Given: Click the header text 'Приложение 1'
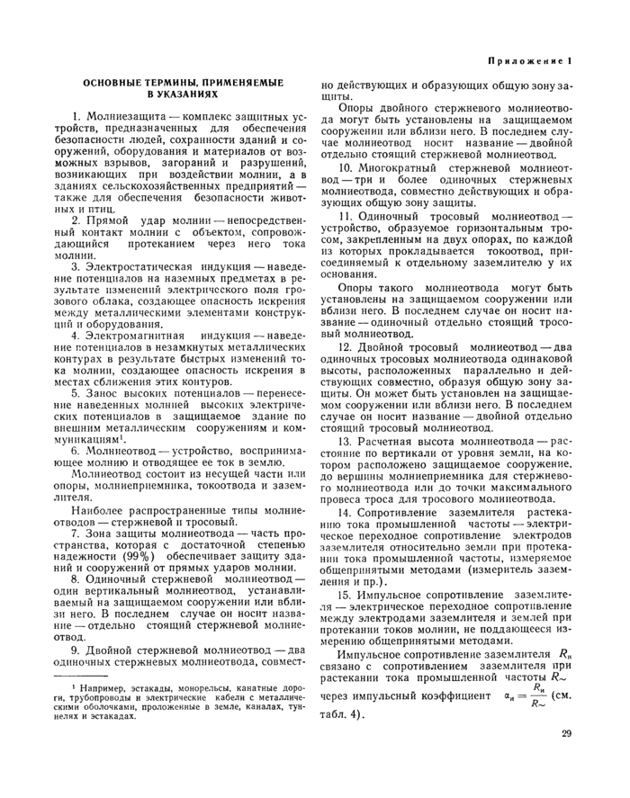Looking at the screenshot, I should [x=530, y=61].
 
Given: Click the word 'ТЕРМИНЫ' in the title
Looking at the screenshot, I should [x=172, y=82].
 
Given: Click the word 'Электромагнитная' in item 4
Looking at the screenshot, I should [x=137, y=335].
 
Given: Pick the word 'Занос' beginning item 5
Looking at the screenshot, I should [x=106, y=392].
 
